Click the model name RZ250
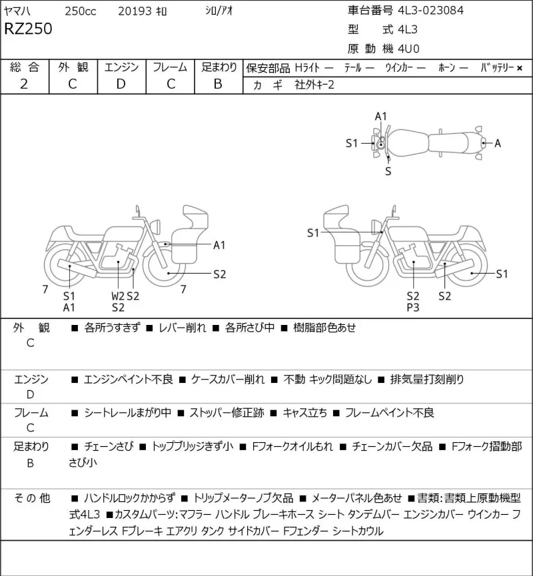[28, 29]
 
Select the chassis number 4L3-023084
[431, 10]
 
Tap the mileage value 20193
[135, 11]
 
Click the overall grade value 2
[24, 84]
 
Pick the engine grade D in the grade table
[121, 84]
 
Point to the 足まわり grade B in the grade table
[218, 84]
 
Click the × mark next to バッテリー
[520, 68]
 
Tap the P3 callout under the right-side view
[413, 308]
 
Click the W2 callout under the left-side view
[118, 296]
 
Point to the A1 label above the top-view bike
[381, 117]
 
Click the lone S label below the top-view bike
[388, 171]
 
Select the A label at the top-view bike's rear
[498, 143]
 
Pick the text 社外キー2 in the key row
[314, 85]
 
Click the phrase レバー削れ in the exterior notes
[183, 328]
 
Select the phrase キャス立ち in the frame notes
[304, 413]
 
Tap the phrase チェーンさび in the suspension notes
[109, 446]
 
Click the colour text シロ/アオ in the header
[219, 11]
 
